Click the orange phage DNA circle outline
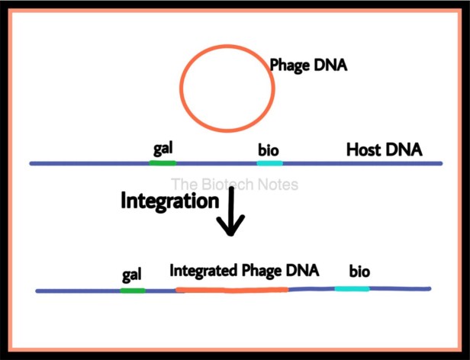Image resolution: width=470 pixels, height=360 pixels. pos(180,87)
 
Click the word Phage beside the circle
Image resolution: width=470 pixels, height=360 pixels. pos(289,66)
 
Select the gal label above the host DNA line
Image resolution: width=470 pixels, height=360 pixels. pos(163,149)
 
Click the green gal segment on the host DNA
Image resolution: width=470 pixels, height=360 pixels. pos(163,163)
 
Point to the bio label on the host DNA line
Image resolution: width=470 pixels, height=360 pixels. pos(269,149)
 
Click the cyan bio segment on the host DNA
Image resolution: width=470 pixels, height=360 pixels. pos(270,163)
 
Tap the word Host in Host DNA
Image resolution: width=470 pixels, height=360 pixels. pos(364,149)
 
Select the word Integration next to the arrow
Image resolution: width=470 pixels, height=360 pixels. pos(170,201)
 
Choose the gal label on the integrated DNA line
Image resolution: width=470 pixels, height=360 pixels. pos(131,275)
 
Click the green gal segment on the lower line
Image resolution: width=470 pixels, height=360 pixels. pos(133,291)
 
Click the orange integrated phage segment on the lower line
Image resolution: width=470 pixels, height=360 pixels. pos(232,290)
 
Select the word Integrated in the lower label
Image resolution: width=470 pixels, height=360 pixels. pos(204,270)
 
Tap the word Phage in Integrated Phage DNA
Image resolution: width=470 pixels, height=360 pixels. pos(262,271)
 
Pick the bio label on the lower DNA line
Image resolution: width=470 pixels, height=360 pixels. pos(359,272)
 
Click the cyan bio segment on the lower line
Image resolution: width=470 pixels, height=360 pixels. pos(352,288)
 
